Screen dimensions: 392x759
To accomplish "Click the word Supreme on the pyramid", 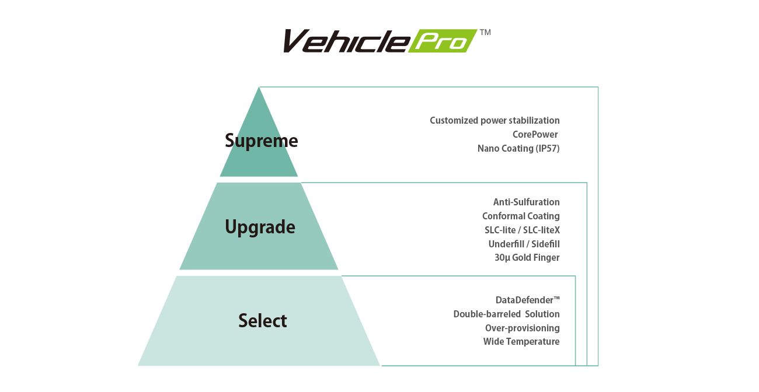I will [x=261, y=141].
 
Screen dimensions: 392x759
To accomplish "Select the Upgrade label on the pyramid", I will [x=260, y=227].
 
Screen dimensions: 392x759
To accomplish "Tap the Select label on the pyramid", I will [x=262, y=320].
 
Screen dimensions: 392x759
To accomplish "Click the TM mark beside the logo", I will [x=484, y=33].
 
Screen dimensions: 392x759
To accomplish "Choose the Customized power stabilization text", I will [x=495, y=121].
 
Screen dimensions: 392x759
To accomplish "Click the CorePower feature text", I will [x=535, y=135].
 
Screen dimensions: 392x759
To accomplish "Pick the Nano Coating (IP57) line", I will [x=518, y=149].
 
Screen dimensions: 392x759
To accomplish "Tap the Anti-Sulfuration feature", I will [x=526, y=202].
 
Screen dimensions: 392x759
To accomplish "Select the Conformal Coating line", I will [x=521, y=216].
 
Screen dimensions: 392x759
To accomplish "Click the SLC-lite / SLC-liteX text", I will [x=522, y=230].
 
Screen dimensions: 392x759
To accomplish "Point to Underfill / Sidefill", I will [x=524, y=244].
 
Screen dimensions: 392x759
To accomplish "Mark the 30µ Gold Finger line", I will [x=527, y=257].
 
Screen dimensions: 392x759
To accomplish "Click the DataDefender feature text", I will [x=527, y=300].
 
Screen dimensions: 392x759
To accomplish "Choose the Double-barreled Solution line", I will [x=506, y=314].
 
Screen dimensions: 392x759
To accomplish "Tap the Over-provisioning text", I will [x=522, y=328].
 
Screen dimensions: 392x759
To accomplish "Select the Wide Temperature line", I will [x=521, y=341].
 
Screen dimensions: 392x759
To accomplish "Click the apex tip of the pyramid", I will [x=259, y=89].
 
